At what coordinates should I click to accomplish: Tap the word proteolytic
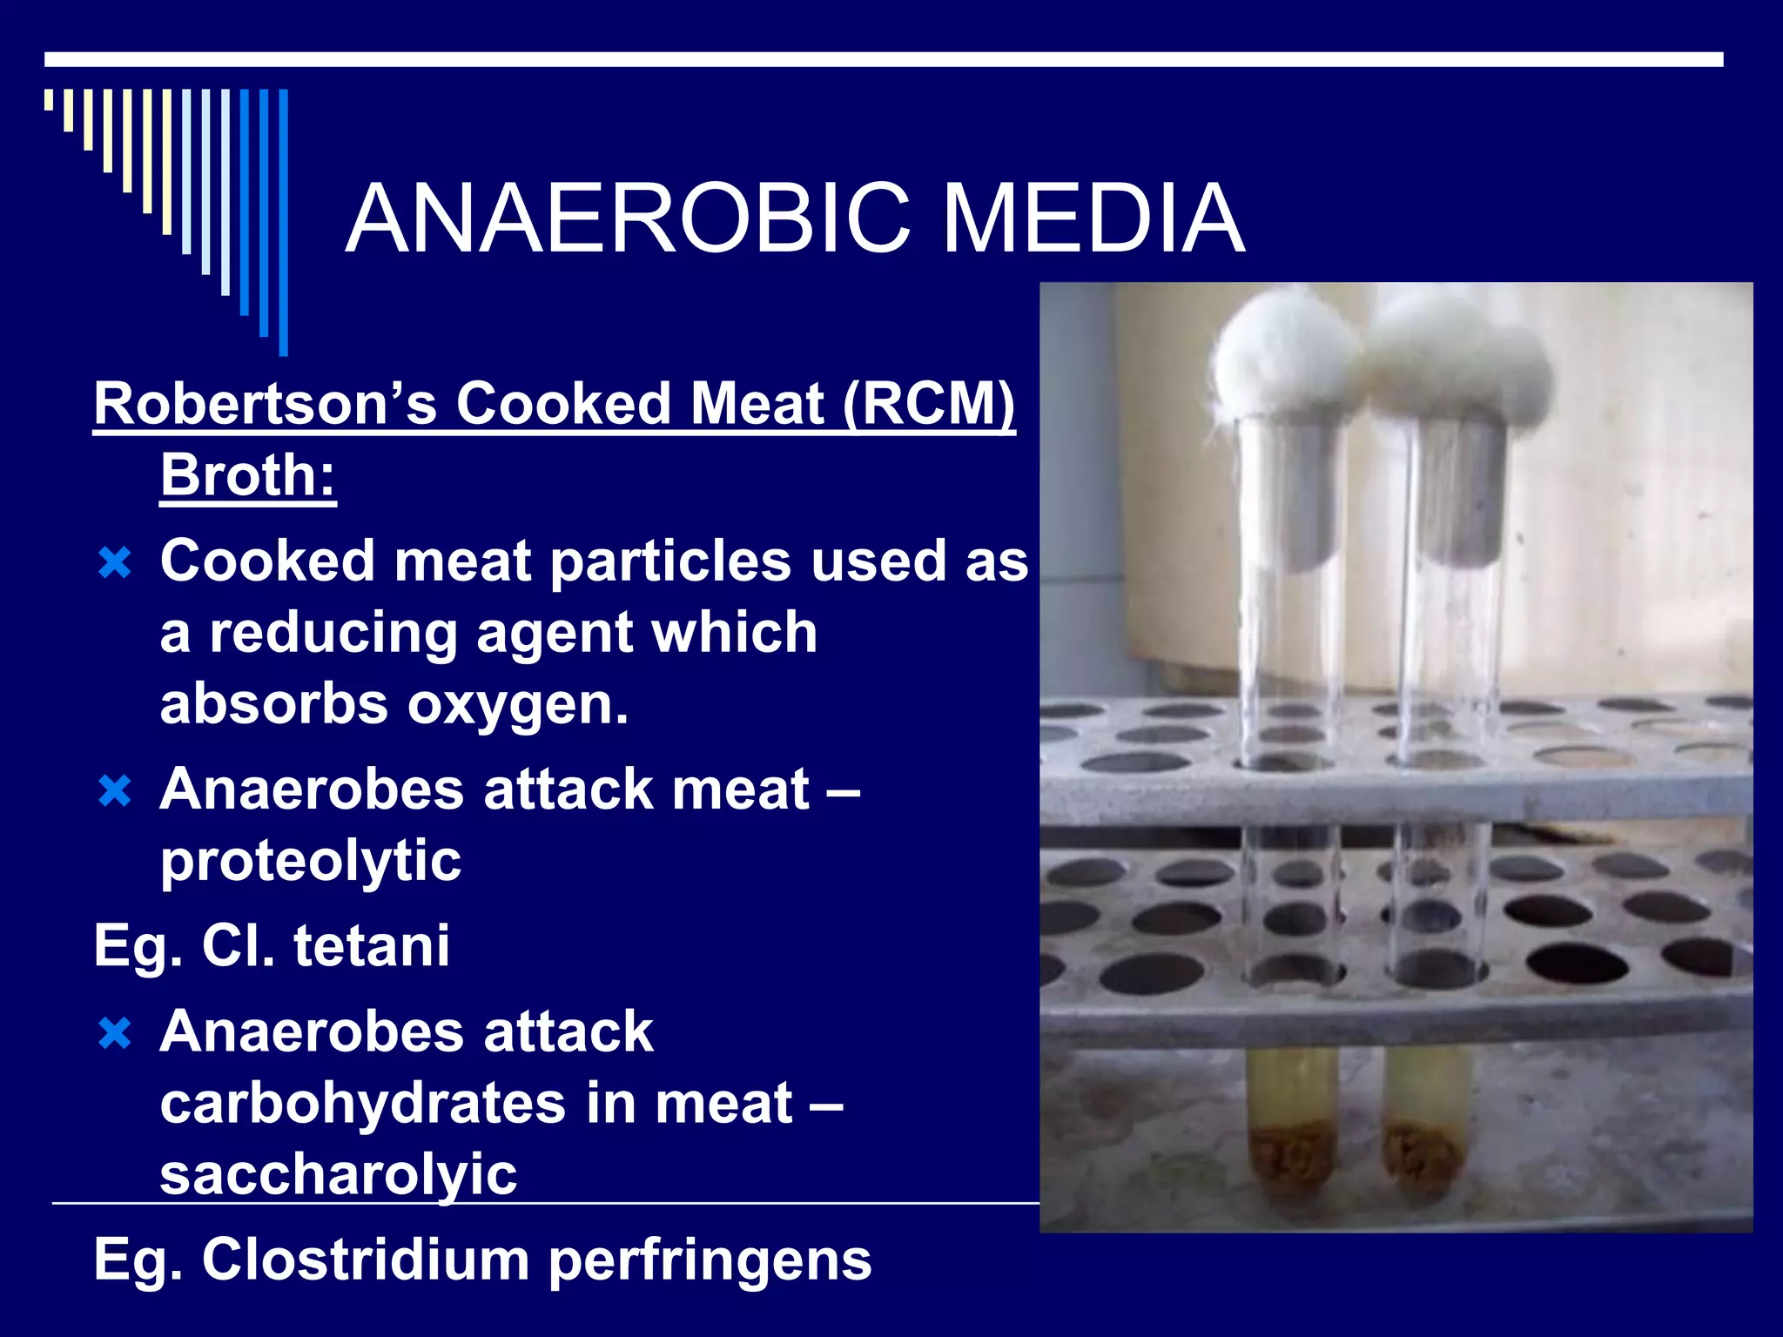click(311, 861)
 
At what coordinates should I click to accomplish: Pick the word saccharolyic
click(339, 1174)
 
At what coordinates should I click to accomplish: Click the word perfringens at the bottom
click(710, 1260)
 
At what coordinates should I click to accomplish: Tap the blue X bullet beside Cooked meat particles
click(115, 563)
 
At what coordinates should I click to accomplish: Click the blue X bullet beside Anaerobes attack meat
click(115, 792)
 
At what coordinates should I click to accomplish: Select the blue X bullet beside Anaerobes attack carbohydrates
click(115, 1034)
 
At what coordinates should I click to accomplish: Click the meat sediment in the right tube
click(1425, 1158)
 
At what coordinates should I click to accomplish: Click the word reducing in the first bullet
click(333, 633)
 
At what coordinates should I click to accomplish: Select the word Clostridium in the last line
click(366, 1260)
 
